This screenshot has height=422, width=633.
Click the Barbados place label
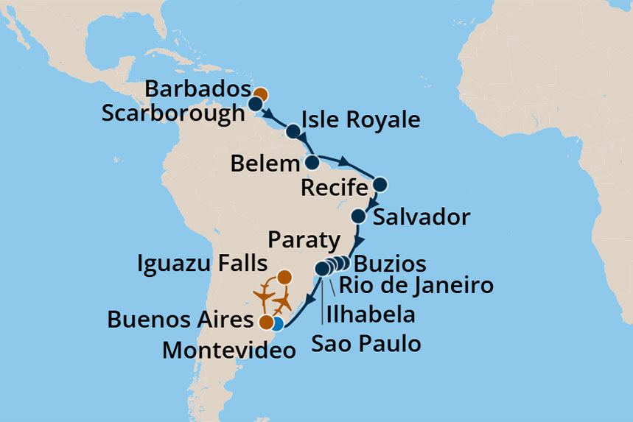coord(196,89)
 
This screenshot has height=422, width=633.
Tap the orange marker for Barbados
coord(260,94)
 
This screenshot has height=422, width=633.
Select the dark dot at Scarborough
coord(255,104)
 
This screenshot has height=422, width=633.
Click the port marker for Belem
coord(312,162)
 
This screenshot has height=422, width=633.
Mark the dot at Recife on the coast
coord(380,184)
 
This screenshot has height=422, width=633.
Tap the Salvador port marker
coord(358,216)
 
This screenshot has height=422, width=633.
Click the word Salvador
coord(422,217)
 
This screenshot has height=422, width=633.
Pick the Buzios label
coord(389,264)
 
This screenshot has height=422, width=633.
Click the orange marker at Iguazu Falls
coord(284,278)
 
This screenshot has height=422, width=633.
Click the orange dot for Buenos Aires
coord(265,322)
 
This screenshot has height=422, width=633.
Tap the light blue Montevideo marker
coord(276,323)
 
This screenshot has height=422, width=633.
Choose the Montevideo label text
coord(228,350)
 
